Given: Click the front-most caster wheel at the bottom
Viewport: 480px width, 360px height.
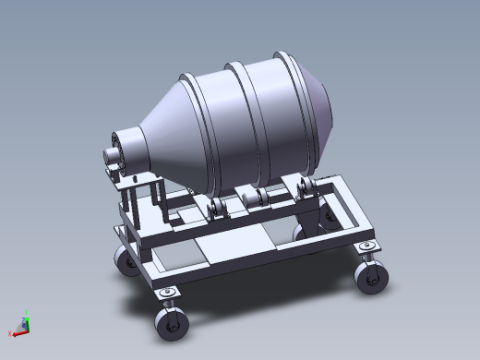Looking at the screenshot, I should (x=169, y=323).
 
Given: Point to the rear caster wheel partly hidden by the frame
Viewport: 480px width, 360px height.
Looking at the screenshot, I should (x=328, y=218).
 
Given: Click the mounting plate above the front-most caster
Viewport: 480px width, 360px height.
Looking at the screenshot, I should (x=167, y=294).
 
